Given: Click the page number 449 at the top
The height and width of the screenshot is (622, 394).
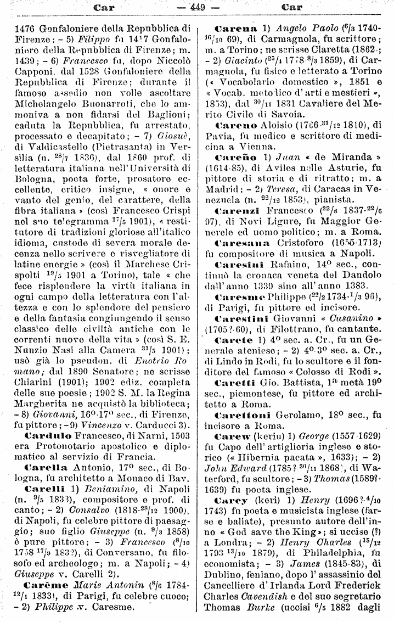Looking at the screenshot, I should coord(196,7).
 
